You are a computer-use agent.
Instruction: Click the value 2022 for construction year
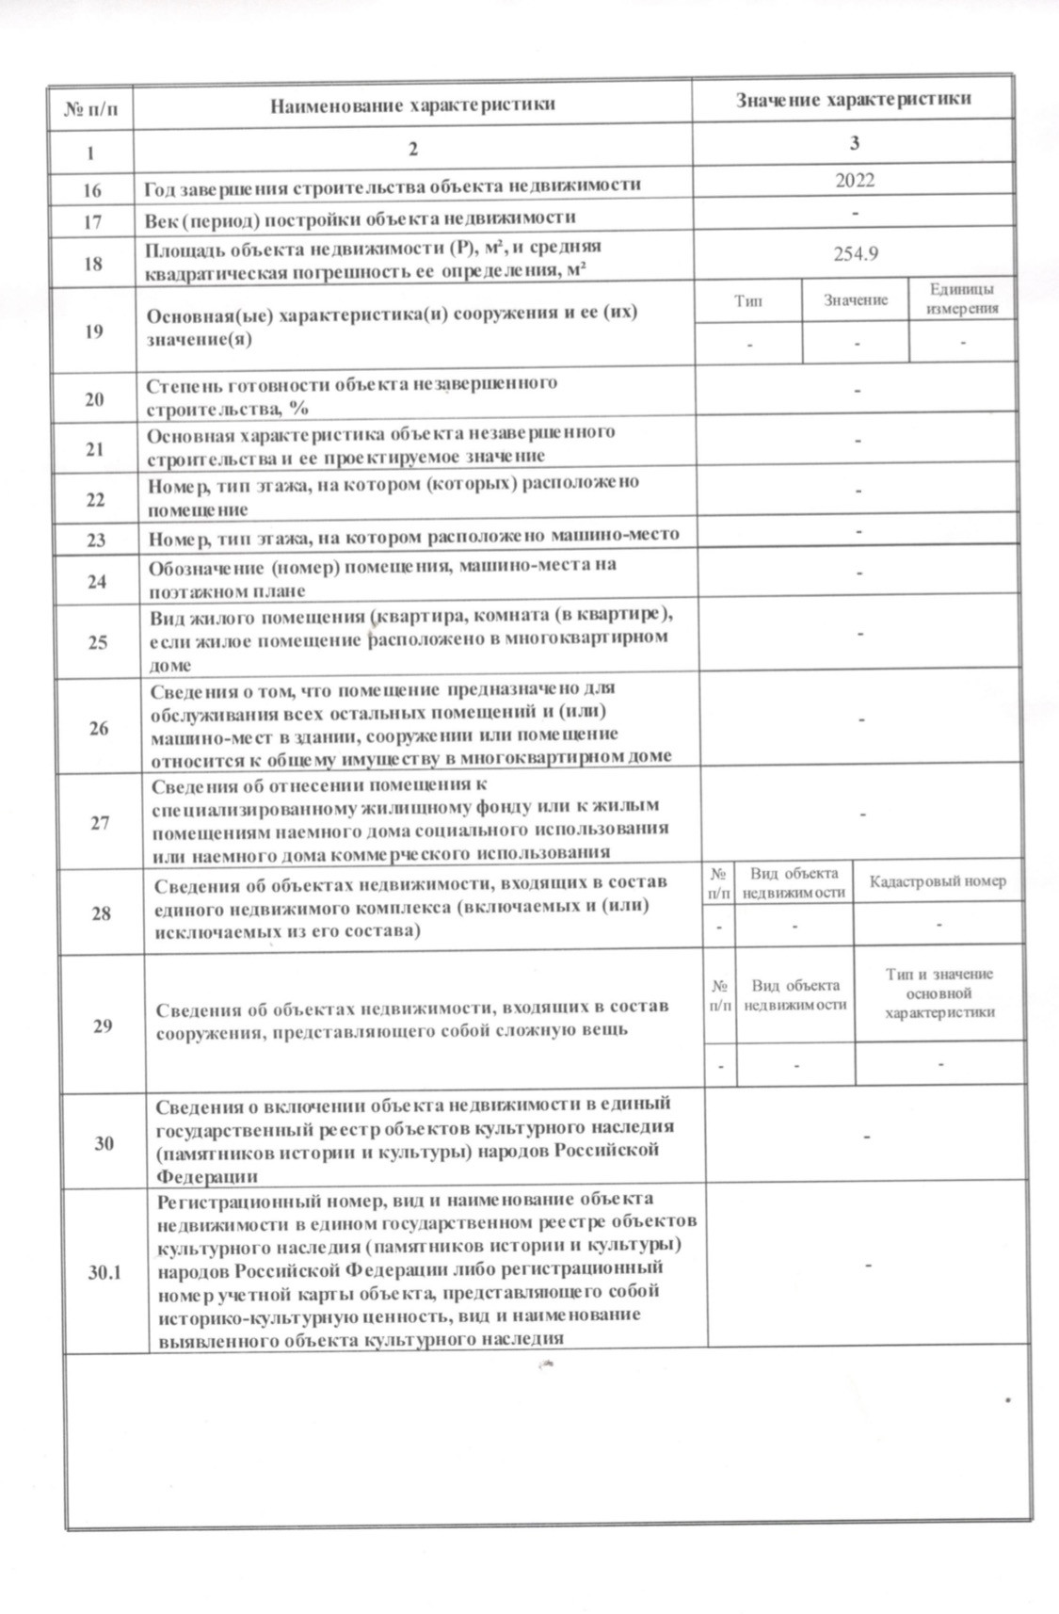pos(854,180)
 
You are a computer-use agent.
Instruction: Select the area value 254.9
pos(856,253)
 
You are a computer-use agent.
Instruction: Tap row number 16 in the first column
pos(91,189)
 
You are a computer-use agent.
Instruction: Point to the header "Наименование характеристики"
pos(412,104)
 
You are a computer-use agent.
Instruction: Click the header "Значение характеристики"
pos(853,99)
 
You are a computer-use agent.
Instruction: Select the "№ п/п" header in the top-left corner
pos(89,109)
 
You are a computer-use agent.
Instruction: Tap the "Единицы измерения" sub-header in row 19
pos(962,299)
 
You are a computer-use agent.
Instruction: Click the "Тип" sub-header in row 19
pos(748,300)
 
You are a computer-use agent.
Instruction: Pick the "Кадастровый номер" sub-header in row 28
pos(938,881)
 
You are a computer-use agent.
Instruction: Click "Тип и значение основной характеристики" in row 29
pos(939,993)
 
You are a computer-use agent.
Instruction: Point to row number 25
pos(98,642)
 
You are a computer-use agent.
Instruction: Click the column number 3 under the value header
pos(854,143)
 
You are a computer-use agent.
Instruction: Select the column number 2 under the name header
pos(411,149)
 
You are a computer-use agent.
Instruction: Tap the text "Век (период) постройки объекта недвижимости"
pos(360,218)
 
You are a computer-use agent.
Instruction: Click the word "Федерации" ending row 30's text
pos(206,1176)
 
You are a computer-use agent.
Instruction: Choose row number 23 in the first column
pos(96,541)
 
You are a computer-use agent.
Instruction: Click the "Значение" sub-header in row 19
pos(856,300)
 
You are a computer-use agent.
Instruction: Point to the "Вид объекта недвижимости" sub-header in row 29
pos(795,994)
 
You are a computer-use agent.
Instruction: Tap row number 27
pos(100,822)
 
